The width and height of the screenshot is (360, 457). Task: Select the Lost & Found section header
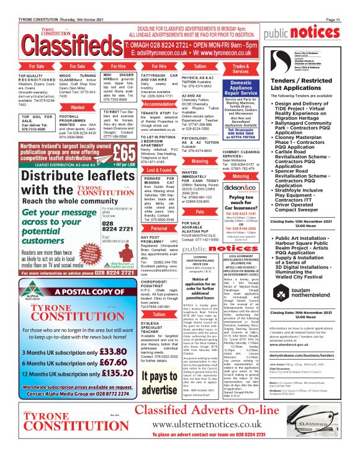pos(158,169)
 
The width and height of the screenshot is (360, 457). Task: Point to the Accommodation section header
pos(158,104)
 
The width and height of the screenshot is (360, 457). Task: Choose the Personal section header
pos(158,228)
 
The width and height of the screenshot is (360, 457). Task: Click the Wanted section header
pos(78,107)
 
